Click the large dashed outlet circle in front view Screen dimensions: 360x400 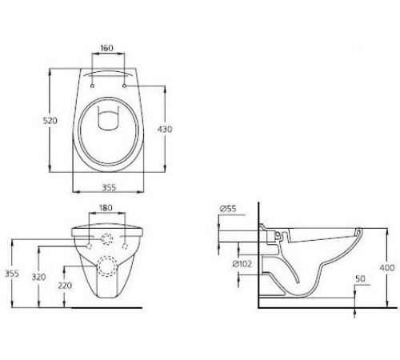[106, 266]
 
